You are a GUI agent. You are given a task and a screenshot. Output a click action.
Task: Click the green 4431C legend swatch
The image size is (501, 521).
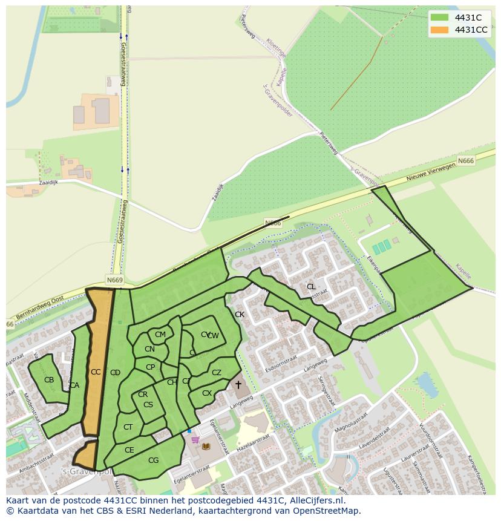coord(439,18)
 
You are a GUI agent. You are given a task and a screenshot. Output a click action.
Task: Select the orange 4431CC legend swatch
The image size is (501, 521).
coord(439,30)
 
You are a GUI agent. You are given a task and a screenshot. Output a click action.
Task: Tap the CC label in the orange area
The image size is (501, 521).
coord(96,372)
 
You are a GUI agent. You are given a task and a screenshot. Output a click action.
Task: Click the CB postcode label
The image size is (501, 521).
coord(49,380)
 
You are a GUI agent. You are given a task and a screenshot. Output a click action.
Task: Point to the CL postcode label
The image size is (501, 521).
coord(311,287)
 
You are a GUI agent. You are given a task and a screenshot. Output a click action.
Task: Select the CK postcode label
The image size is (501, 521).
coord(240,315)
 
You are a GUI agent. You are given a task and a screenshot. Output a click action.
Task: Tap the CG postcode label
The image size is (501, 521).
coord(153,460)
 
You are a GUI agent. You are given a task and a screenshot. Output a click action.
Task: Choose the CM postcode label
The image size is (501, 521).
coord(160,335)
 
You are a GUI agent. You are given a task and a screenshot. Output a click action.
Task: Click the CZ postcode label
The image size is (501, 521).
coord(217,373)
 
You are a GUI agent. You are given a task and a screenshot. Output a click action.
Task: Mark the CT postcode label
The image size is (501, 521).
coord(128,427)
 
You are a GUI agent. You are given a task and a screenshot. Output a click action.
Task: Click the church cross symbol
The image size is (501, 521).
coord(238,385)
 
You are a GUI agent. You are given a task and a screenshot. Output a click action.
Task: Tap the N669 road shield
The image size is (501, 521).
coord(114,280)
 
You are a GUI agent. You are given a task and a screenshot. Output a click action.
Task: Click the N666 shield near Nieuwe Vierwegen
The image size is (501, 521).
coord(465,161)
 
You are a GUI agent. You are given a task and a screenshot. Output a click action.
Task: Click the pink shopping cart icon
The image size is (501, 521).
coord(195,440)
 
